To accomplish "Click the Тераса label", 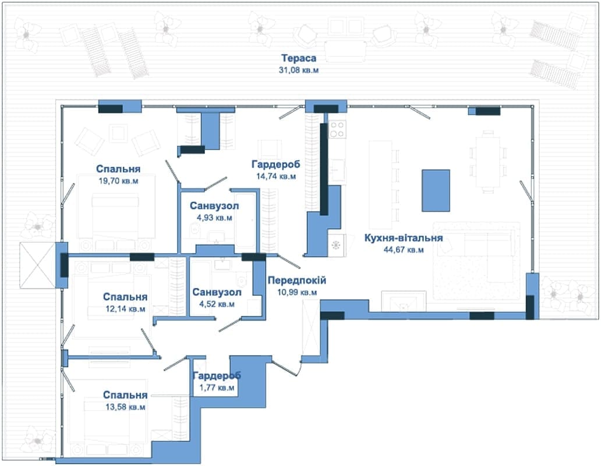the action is coord(299,58).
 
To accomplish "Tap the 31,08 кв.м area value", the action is coord(299,70).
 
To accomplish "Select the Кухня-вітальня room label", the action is coord(403,238).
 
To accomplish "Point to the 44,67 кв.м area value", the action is coord(403,250).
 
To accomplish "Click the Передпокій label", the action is coord(296,280).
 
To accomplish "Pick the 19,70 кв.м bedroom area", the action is coord(118,181).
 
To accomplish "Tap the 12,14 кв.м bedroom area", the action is coord(125,309).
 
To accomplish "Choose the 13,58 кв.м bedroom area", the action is coord(125,407).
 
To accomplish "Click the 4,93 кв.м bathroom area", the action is coord(214,218).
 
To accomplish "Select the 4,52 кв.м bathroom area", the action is coord(217,304).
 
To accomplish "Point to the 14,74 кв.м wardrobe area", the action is coord(275,176).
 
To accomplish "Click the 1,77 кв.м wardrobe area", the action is coord(217,388).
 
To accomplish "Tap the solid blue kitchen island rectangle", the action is coord(436,190).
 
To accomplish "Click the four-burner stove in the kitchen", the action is coord(337,129).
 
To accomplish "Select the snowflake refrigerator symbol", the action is coord(336,245).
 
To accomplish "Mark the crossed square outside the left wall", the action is coord(37,265).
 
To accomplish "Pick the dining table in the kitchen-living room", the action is coord(487,161).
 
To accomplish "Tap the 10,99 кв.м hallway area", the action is coord(296,292).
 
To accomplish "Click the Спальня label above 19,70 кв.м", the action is coord(118,168).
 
